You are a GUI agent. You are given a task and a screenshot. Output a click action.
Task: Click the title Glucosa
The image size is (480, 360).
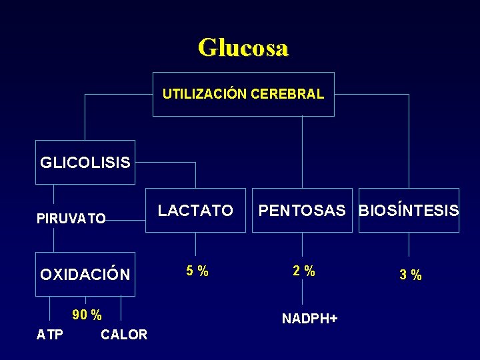tap(243, 48)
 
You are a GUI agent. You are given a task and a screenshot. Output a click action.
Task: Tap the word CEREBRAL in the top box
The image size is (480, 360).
tap(288, 94)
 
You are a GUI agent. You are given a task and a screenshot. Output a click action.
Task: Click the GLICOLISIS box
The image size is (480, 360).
tap(85, 162)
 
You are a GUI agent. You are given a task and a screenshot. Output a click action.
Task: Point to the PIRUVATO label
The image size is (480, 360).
tap(71, 218)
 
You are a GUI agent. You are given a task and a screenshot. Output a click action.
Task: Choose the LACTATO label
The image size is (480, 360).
tap(195, 211)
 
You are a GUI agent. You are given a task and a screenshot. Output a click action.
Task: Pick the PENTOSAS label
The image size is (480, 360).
tap(302, 211)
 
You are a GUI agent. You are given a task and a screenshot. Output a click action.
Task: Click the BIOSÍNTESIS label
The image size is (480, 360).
tap(409, 211)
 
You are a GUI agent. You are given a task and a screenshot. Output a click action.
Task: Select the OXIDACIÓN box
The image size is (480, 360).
tap(85, 274)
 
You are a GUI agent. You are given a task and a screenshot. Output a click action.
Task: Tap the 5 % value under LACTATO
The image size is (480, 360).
tap(197, 271)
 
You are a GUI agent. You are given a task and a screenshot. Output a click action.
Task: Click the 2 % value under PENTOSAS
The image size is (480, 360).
tap(304, 271)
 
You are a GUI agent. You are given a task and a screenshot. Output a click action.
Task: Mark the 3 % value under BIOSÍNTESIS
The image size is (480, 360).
tap(410, 274)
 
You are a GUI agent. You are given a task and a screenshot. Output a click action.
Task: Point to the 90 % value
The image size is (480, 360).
tap(87, 314)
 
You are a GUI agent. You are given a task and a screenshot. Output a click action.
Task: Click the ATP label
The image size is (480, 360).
tap(49, 334)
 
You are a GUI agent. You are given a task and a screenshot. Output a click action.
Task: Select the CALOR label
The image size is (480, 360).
tap(124, 334)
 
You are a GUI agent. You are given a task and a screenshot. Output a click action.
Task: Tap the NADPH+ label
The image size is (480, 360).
tap(309, 319)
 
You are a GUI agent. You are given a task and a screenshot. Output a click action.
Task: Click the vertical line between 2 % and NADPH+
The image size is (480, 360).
tap(303, 293)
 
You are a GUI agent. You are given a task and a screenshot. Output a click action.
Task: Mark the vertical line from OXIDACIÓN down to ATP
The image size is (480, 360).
tap(51, 310)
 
